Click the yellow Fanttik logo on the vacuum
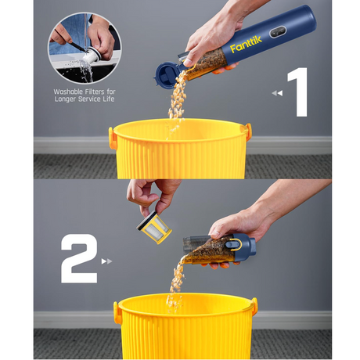[246, 45]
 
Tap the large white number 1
[298, 92]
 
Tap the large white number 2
[79, 258]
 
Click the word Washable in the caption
[67, 92]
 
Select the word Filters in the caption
[94, 92]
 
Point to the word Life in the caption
[109, 99]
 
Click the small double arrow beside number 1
[277, 93]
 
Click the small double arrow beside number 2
[106, 261]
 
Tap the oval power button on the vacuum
[278, 32]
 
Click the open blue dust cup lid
[167, 73]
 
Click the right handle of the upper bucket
[248, 131]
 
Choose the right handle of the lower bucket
[254, 306]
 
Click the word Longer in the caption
[66, 99]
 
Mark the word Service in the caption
[90, 99]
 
